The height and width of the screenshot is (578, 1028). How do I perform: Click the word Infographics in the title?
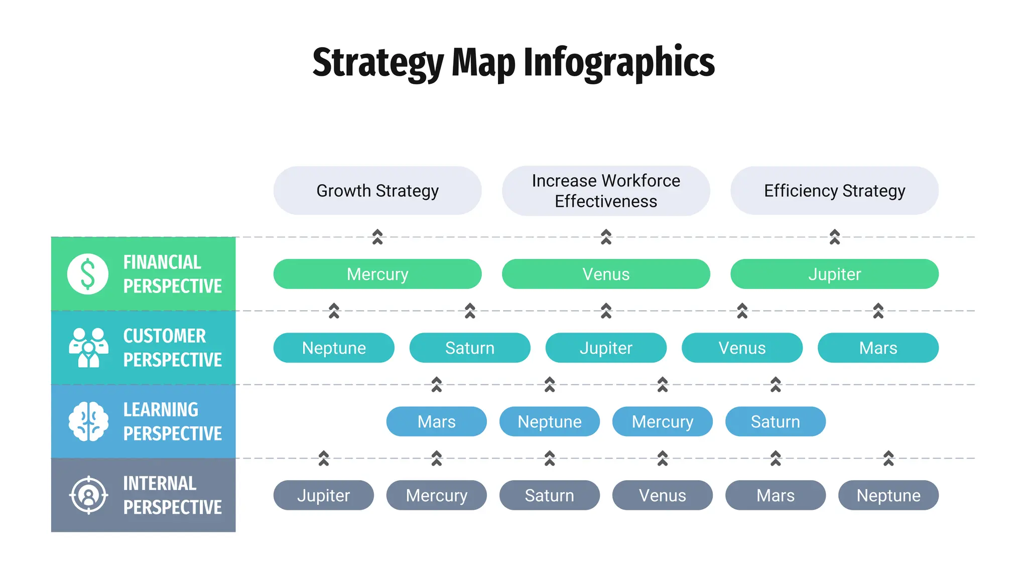619,62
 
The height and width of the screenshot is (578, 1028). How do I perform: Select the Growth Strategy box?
377,191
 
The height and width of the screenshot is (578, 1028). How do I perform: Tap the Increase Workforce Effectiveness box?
606,191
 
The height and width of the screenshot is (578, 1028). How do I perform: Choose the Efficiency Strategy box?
834,191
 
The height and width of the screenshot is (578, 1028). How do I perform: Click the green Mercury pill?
377,274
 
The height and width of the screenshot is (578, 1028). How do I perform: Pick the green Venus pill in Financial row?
606,274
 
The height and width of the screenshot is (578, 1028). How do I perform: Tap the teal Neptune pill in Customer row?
334,348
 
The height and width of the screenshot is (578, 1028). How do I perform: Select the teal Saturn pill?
470,348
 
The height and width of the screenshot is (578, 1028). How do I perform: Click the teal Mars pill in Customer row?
878,348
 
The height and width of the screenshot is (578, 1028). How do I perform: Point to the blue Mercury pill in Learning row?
663,421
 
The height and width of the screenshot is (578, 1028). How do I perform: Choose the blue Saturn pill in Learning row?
776,421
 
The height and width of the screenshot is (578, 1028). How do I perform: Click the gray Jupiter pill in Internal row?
324,495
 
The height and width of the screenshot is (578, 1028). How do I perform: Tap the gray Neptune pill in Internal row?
888,495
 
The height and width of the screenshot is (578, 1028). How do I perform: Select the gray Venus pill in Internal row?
663,495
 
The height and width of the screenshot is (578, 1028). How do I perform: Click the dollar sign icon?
88,274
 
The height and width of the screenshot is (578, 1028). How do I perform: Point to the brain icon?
88,421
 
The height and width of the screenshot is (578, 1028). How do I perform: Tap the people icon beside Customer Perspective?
88,348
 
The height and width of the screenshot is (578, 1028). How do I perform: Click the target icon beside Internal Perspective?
88,495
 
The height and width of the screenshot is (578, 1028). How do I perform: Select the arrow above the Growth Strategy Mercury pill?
377,237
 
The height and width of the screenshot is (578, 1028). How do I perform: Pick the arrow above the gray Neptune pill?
888,458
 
